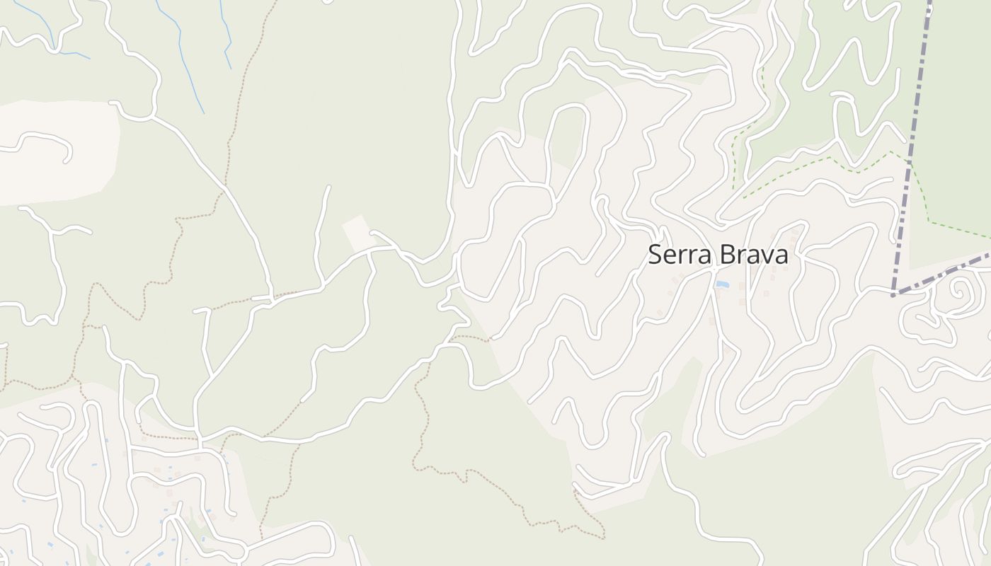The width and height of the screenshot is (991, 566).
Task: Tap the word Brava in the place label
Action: [752, 255]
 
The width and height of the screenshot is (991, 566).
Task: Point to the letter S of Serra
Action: [655, 255]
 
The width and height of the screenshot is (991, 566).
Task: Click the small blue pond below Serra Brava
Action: [722, 284]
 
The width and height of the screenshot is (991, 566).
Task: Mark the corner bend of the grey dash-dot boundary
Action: [894, 293]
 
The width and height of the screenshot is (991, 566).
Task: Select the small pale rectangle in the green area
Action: [359, 233]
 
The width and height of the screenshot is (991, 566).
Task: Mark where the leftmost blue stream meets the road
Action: [55, 50]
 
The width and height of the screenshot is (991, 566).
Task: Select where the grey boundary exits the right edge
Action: [989, 253]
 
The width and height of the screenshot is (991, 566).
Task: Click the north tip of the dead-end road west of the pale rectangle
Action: [328, 187]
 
